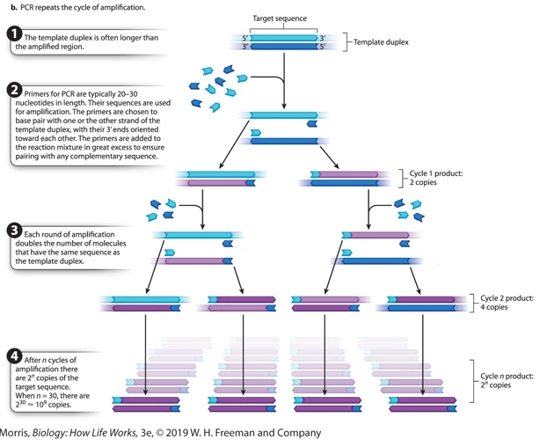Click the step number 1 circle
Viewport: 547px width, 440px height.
tap(14, 33)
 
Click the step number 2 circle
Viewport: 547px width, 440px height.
tap(14, 91)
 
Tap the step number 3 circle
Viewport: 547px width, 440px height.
tap(14, 231)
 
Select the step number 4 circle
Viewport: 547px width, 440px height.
tap(14, 356)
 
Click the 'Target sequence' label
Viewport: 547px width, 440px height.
tap(280, 18)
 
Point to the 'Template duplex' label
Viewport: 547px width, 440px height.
tap(381, 42)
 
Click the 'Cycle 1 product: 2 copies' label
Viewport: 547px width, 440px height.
tap(436, 178)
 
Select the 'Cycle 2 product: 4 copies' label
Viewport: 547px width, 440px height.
tap(507, 303)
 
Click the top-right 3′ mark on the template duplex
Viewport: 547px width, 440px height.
tap(323, 38)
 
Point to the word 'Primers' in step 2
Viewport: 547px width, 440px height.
tap(36, 94)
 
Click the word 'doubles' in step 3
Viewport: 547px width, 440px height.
tap(27, 244)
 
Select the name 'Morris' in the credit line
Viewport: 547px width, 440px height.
tap(14, 433)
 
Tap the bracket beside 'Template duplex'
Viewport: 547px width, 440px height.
tap(345, 42)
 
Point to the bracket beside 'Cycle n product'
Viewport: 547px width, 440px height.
tap(471, 381)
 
